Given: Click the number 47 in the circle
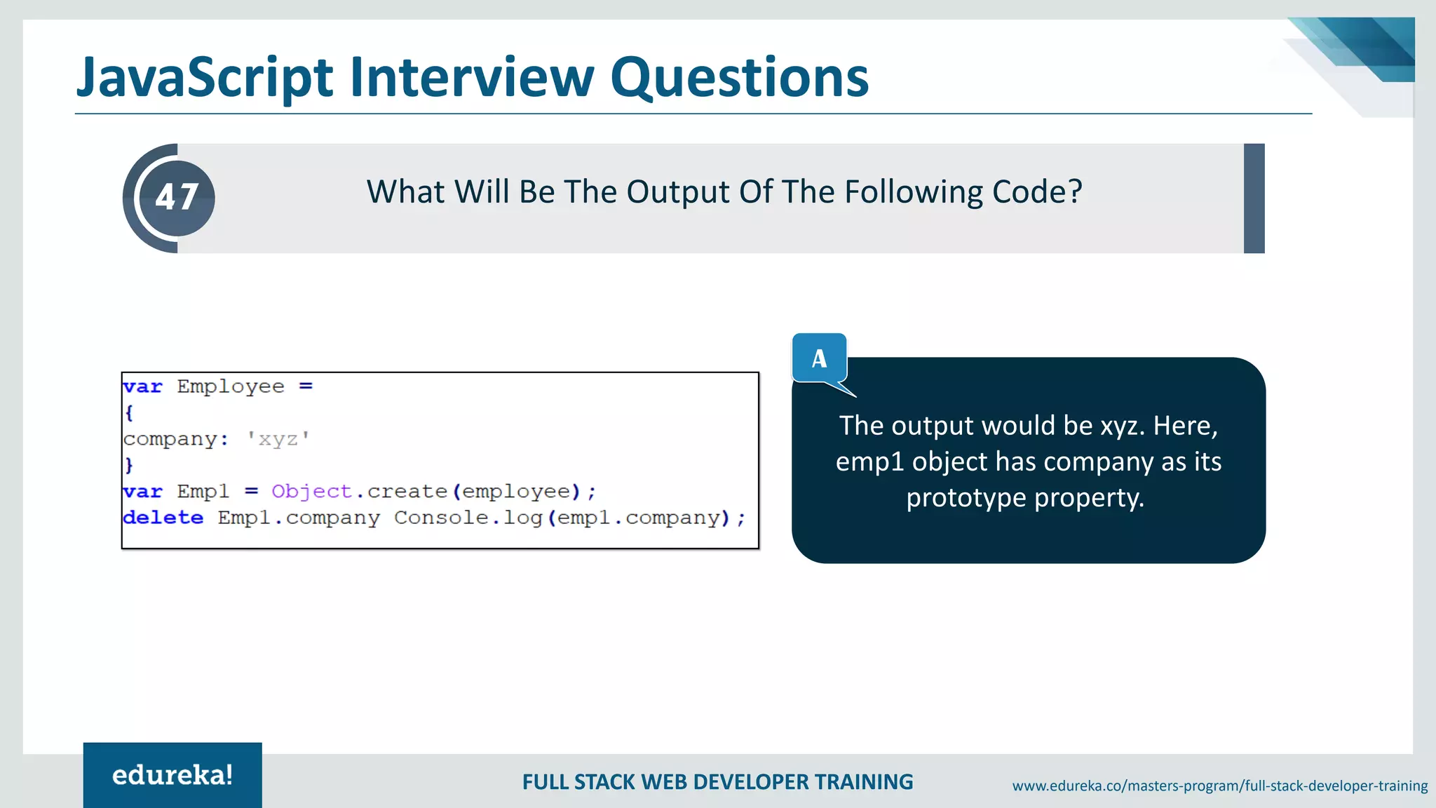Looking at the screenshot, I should [x=177, y=197].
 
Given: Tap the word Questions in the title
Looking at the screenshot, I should [x=739, y=78].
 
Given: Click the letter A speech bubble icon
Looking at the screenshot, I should [x=819, y=359].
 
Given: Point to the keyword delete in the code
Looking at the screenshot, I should [x=163, y=518].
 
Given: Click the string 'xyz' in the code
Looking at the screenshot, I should [x=278, y=439].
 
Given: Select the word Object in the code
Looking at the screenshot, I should [x=311, y=491].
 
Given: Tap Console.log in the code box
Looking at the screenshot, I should [x=468, y=518].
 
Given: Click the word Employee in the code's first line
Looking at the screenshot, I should [x=231, y=386].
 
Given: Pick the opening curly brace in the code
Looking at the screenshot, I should [x=129, y=412].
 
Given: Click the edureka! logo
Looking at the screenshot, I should [x=172, y=775].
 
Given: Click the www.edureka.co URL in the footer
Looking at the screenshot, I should [x=1219, y=786].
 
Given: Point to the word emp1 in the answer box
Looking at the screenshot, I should [x=869, y=462].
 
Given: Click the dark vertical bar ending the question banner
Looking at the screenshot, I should [x=1254, y=198].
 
